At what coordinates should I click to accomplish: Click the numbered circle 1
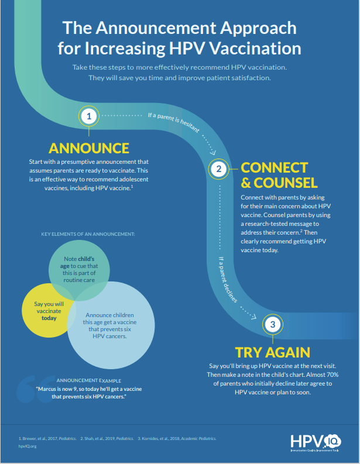89,116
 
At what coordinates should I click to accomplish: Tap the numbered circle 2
218,170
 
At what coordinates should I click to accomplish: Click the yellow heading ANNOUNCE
89,147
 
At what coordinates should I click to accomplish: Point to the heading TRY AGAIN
272,352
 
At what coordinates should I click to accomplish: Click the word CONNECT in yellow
274,167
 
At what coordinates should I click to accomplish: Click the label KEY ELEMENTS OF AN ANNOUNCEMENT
88,234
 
